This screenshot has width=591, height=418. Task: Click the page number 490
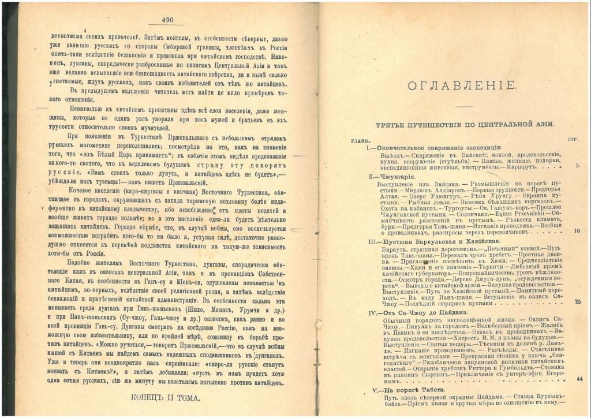pos(168,20)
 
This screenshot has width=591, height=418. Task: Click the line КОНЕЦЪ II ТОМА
pos(165,398)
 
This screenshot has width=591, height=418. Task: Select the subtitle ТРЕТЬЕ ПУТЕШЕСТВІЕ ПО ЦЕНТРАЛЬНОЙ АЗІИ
pos(457,124)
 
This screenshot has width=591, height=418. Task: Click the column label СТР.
pos(573,139)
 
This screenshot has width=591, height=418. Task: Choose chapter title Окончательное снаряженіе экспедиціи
pos(436,148)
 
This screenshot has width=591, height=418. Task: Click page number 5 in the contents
pos(577,166)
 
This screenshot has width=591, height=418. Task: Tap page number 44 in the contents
pos(579,379)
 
